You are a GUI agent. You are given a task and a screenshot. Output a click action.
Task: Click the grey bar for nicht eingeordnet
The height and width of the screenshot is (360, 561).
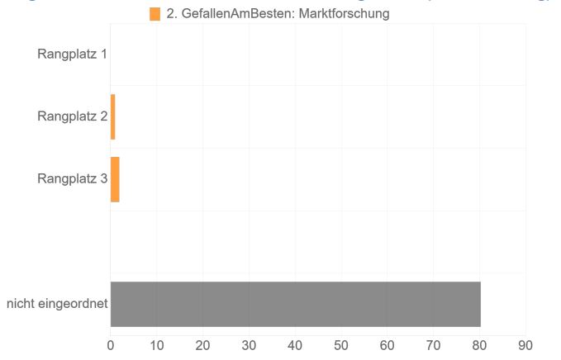click(x=295, y=304)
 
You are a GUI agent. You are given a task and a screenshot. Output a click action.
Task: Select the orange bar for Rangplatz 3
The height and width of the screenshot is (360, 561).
click(x=115, y=179)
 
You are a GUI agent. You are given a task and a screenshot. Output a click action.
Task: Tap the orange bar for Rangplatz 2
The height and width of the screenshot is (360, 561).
click(x=112, y=116)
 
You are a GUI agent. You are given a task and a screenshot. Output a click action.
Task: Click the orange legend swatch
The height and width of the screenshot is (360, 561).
click(x=155, y=14)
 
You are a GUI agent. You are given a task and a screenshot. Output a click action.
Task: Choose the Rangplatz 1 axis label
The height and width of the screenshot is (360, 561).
click(x=72, y=55)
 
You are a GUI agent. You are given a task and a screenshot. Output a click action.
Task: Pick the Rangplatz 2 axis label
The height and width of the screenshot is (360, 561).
click(x=72, y=116)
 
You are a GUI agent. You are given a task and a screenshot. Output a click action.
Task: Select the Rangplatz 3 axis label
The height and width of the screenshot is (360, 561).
click(x=72, y=178)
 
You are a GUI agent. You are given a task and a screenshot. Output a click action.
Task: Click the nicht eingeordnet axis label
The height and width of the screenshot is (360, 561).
click(x=57, y=304)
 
